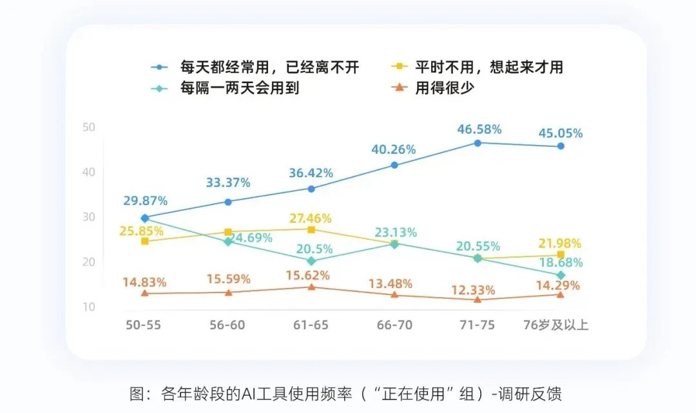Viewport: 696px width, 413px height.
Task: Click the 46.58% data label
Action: coord(479,129)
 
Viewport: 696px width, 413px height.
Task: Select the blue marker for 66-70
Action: coord(394,166)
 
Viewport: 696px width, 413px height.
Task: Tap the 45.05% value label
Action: coord(561,133)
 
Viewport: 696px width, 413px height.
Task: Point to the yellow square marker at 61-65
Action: coord(311,230)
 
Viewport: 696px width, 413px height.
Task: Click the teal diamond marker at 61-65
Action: coord(311,261)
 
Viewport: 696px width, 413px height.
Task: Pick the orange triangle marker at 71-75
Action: coord(478,300)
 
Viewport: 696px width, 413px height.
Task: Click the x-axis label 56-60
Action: coord(227,325)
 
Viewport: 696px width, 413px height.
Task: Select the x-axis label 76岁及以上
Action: coord(555,325)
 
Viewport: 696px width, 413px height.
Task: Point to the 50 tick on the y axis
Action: coord(89,127)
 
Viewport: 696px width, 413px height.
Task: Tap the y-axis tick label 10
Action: coord(89,307)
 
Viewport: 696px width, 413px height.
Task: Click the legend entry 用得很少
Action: coord(445,88)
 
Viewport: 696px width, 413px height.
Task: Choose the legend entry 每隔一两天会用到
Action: coord(240,88)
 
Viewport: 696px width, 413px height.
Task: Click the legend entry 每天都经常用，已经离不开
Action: coord(269,66)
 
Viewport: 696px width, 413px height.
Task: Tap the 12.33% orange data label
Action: coord(473,289)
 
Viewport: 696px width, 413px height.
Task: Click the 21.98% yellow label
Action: coord(559,244)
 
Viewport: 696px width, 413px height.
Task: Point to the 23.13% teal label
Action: coord(394,232)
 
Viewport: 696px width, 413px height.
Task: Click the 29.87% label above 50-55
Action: coord(146,200)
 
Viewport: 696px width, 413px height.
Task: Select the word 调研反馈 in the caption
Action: coord(535,394)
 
